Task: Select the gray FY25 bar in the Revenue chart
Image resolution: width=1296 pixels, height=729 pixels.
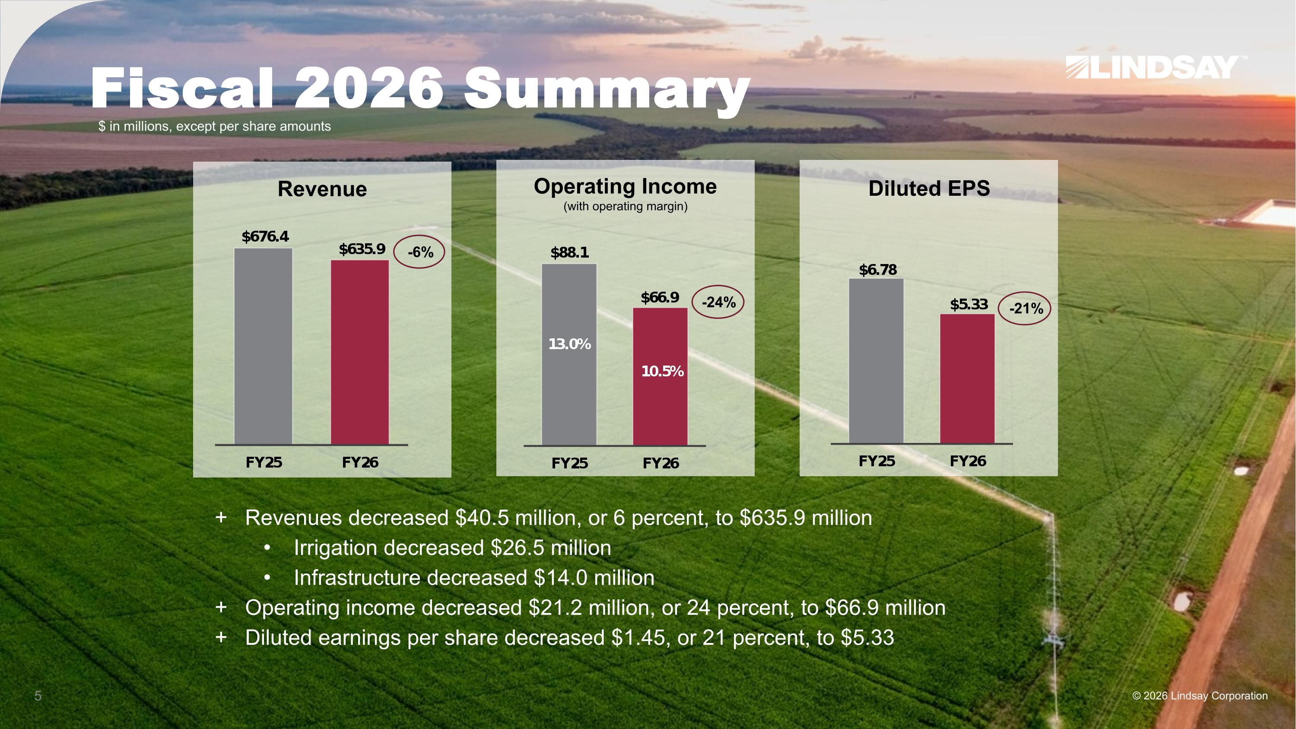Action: (x=263, y=346)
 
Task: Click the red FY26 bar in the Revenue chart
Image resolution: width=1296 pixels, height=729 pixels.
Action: (x=360, y=352)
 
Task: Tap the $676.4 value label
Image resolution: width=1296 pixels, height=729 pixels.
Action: (x=265, y=236)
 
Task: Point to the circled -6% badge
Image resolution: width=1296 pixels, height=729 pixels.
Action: (x=419, y=251)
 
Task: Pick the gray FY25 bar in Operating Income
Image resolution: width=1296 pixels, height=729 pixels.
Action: (x=569, y=355)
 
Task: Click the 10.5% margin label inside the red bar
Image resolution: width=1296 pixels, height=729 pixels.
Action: (x=662, y=371)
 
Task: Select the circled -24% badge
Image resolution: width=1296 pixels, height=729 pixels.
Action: (x=718, y=302)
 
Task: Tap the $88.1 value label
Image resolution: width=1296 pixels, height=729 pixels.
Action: (x=569, y=252)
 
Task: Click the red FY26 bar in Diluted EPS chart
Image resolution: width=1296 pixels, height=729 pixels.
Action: (x=967, y=379)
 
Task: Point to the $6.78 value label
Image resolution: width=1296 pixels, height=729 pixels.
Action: (x=877, y=270)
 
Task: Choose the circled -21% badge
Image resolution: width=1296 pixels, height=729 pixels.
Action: (x=1024, y=309)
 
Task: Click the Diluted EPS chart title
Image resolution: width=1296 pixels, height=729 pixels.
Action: (x=929, y=188)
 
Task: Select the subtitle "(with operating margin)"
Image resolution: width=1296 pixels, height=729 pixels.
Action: (x=626, y=206)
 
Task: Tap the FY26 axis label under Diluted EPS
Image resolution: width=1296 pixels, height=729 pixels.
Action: (x=968, y=461)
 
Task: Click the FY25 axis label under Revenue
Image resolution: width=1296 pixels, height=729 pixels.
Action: (x=264, y=462)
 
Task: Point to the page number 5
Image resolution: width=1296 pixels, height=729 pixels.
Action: (x=38, y=696)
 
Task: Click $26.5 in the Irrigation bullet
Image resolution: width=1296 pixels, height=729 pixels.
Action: (x=517, y=548)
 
